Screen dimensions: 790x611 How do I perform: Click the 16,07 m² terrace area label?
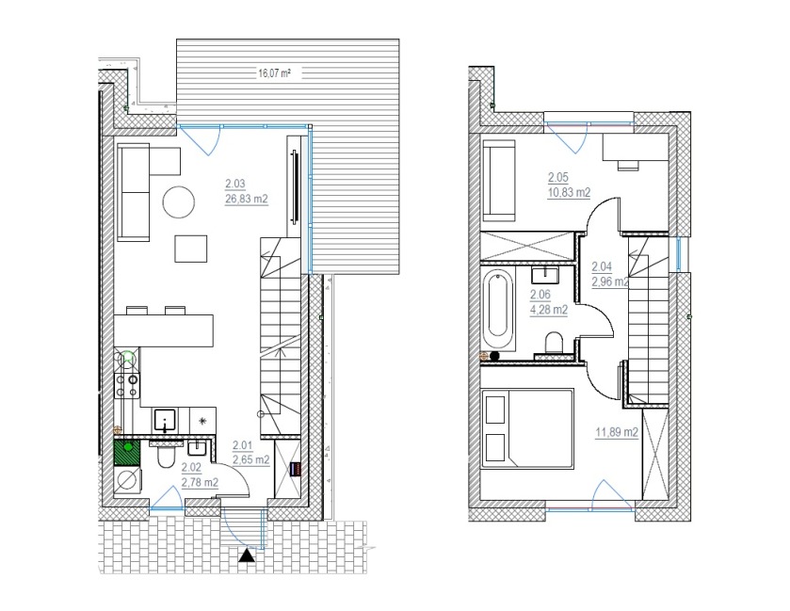[x=275, y=73]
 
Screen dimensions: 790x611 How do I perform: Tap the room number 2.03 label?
[x=235, y=184]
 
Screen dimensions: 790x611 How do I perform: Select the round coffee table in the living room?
[x=178, y=202]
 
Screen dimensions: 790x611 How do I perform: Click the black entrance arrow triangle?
[x=247, y=555]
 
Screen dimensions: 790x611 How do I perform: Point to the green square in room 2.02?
[x=128, y=452]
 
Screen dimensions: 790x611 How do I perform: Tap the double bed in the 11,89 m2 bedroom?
[x=527, y=428]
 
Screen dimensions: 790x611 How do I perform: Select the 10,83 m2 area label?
[x=569, y=192]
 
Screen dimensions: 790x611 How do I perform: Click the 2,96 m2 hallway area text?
[x=610, y=282]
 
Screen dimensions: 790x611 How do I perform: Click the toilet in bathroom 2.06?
[x=554, y=342]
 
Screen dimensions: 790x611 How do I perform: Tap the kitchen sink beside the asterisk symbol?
[x=165, y=420]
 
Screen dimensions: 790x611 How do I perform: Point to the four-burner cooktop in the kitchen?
[x=126, y=385]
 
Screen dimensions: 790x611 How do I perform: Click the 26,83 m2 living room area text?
[x=247, y=199]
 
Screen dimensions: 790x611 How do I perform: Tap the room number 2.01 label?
[x=242, y=445]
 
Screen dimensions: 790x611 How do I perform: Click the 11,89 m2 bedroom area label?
[x=617, y=432]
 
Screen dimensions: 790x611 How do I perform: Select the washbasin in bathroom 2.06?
[x=544, y=275]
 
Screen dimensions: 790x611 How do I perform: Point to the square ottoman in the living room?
[x=191, y=249]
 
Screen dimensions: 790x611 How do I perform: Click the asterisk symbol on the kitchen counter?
[x=202, y=420]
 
